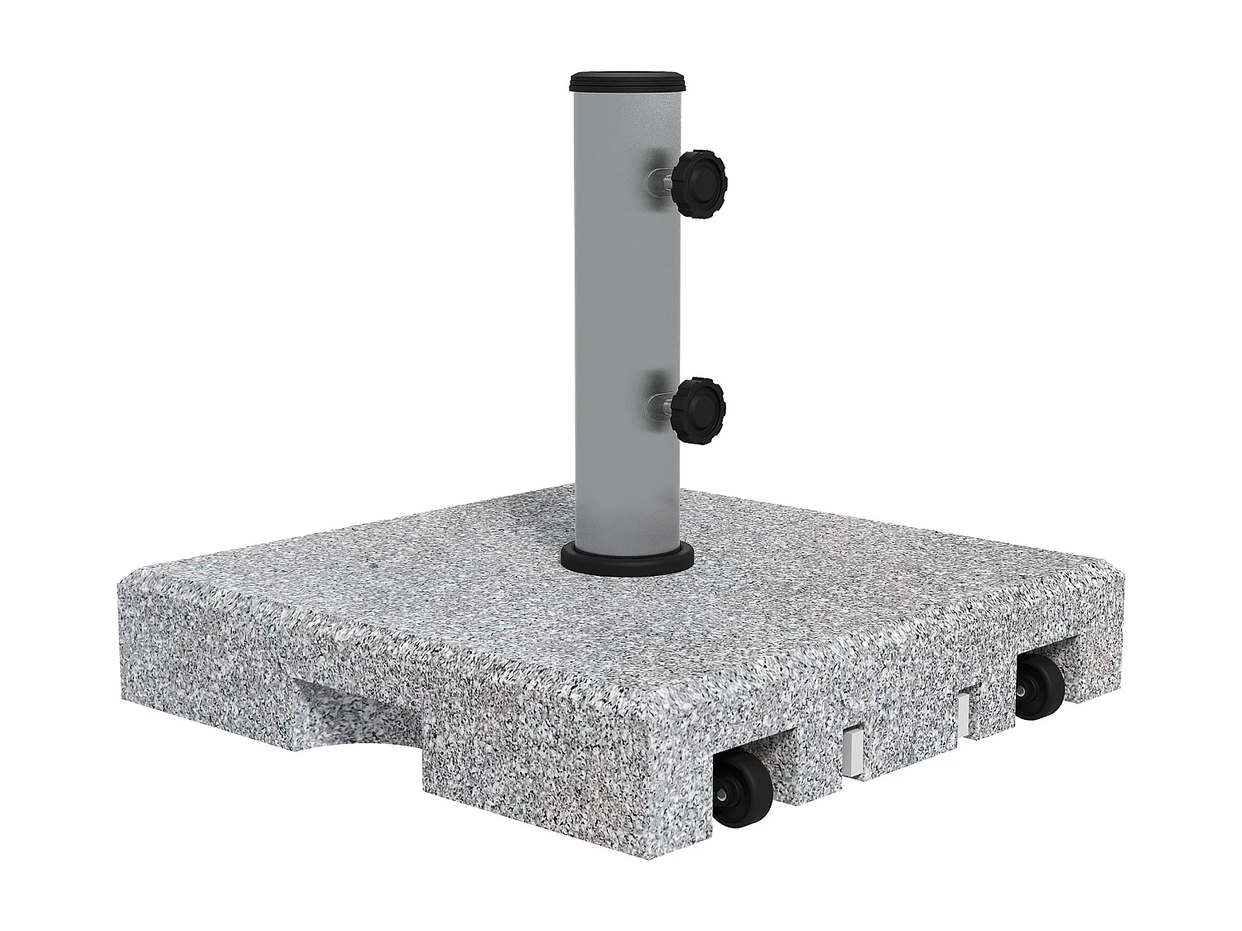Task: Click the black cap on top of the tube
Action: click(628, 81)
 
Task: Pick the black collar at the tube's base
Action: click(627, 555)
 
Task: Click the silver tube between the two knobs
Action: click(627, 290)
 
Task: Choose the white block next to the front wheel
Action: click(852, 751)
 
